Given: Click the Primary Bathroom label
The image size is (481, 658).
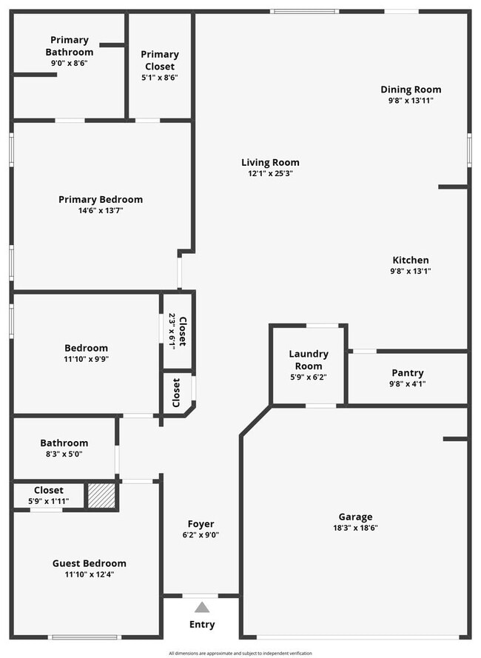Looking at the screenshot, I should (x=70, y=46).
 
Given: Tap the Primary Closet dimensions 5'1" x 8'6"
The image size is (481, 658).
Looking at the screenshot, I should (x=160, y=77).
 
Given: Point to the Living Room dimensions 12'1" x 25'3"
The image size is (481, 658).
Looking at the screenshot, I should (x=270, y=174).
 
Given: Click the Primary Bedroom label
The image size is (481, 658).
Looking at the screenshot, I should (x=101, y=199).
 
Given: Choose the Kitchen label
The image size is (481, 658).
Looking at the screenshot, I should (x=410, y=260).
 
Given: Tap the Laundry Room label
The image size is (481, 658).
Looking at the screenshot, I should (x=308, y=360).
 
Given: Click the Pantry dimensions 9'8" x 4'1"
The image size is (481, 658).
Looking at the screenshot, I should (x=407, y=383).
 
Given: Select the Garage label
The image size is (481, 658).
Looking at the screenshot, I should (x=355, y=517).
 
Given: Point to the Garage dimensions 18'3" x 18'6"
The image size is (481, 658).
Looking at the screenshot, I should (x=355, y=528).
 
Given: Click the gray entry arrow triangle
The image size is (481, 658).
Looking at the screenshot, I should (x=202, y=608).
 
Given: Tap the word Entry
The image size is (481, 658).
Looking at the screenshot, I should (x=202, y=625).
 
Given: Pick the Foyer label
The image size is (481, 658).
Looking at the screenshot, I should (x=201, y=524).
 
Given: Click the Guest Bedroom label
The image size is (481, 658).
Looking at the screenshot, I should (x=89, y=563).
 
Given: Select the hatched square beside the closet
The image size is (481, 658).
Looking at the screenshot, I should (x=101, y=496).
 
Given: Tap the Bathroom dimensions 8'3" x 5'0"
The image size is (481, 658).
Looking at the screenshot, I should (x=64, y=454).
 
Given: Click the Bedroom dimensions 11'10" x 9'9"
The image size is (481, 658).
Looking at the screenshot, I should (x=86, y=359).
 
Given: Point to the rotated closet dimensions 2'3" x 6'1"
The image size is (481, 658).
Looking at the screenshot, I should (x=172, y=330).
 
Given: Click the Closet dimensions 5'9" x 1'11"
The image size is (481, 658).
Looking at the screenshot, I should (x=48, y=501).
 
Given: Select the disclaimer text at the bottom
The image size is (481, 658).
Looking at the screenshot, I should (x=240, y=653).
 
